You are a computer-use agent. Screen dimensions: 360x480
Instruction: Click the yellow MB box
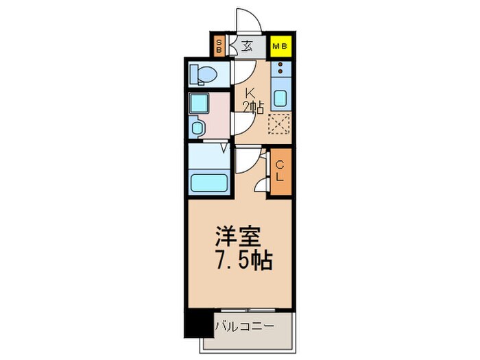[280, 46]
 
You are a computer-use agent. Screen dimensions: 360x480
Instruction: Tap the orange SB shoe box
[219, 47]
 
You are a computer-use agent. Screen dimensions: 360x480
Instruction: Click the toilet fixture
[204, 73]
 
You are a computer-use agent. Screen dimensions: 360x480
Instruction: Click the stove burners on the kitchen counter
[280, 69]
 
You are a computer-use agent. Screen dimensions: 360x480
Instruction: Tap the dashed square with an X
[279, 123]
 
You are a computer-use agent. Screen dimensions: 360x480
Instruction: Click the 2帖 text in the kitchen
[252, 107]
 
